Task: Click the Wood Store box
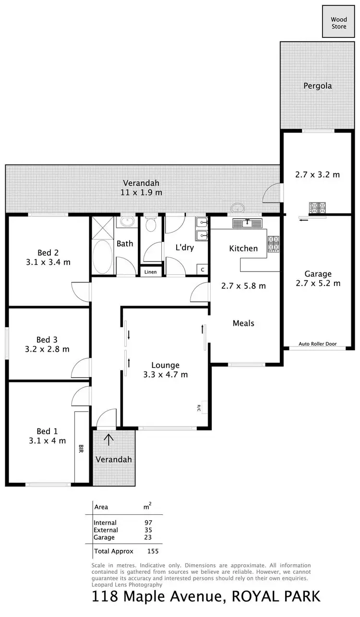(339, 22)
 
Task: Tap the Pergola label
(317, 86)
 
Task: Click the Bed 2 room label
(48, 253)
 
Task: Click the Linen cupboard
(151, 272)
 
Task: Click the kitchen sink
(248, 224)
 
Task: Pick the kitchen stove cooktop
(273, 243)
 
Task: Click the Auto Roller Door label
(317, 344)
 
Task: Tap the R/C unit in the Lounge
(200, 407)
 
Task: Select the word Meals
(243, 323)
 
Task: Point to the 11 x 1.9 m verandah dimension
(141, 192)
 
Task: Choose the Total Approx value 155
(153, 551)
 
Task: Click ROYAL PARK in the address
(276, 597)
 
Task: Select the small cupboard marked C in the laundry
(203, 270)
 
